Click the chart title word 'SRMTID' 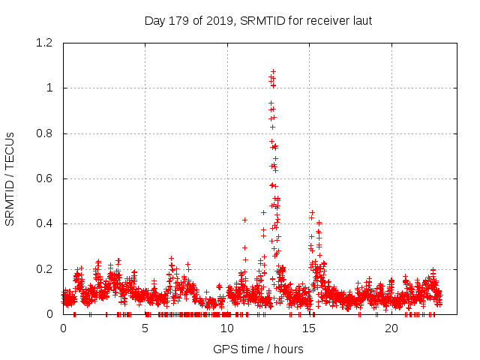pos(260,20)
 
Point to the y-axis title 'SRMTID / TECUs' pos(10,178)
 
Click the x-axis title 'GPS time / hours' pos(258,349)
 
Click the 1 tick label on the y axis pos(49,88)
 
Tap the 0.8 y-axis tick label pos(45,133)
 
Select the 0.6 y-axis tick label pos(45,178)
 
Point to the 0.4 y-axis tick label pos(45,223)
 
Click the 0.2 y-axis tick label pos(45,268)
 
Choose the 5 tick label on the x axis pos(145,328)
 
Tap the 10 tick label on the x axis pos(227,328)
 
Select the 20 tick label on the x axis pos(391,328)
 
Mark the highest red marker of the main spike pos(273,71)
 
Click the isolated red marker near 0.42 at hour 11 pos(244,220)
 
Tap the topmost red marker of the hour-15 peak pos(312,212)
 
